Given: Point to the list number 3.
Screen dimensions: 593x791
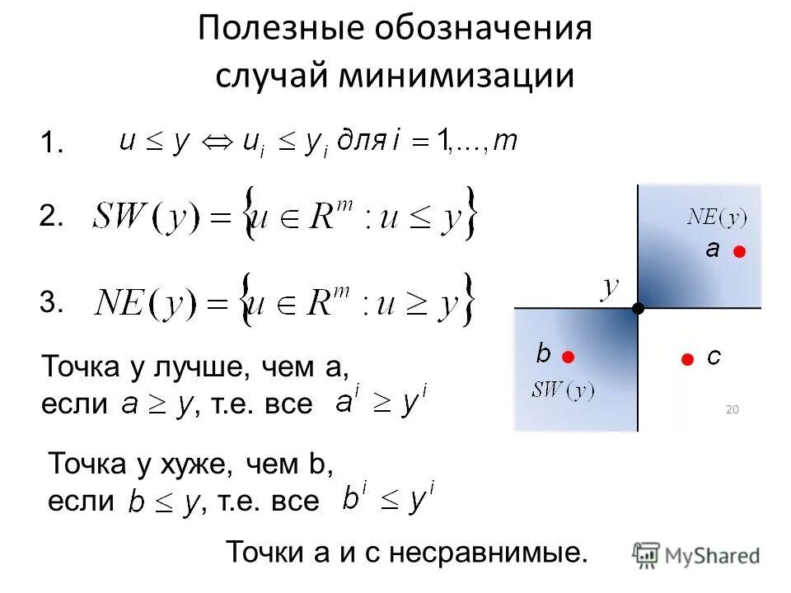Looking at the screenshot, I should pyautogui.click(x=51, y=303).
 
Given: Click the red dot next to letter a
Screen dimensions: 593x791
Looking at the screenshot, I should pyautogui.click(x=740, y=252).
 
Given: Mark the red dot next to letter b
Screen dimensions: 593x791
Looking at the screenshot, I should pyautogui.click(x=569, y=356).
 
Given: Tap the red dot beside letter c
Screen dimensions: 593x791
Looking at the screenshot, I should pyautogui.click(x=686, y=357).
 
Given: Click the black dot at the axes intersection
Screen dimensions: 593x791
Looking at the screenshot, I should pyautogui.click(x=638, y=308).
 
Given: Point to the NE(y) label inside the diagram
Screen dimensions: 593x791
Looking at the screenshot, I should pyautogui.click(x=716, y=219).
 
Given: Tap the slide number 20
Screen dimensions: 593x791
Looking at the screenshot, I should pyautogui.click(x=732, y=409).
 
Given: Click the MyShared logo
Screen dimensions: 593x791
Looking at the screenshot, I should pyautogui.click(x=696, y=555).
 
